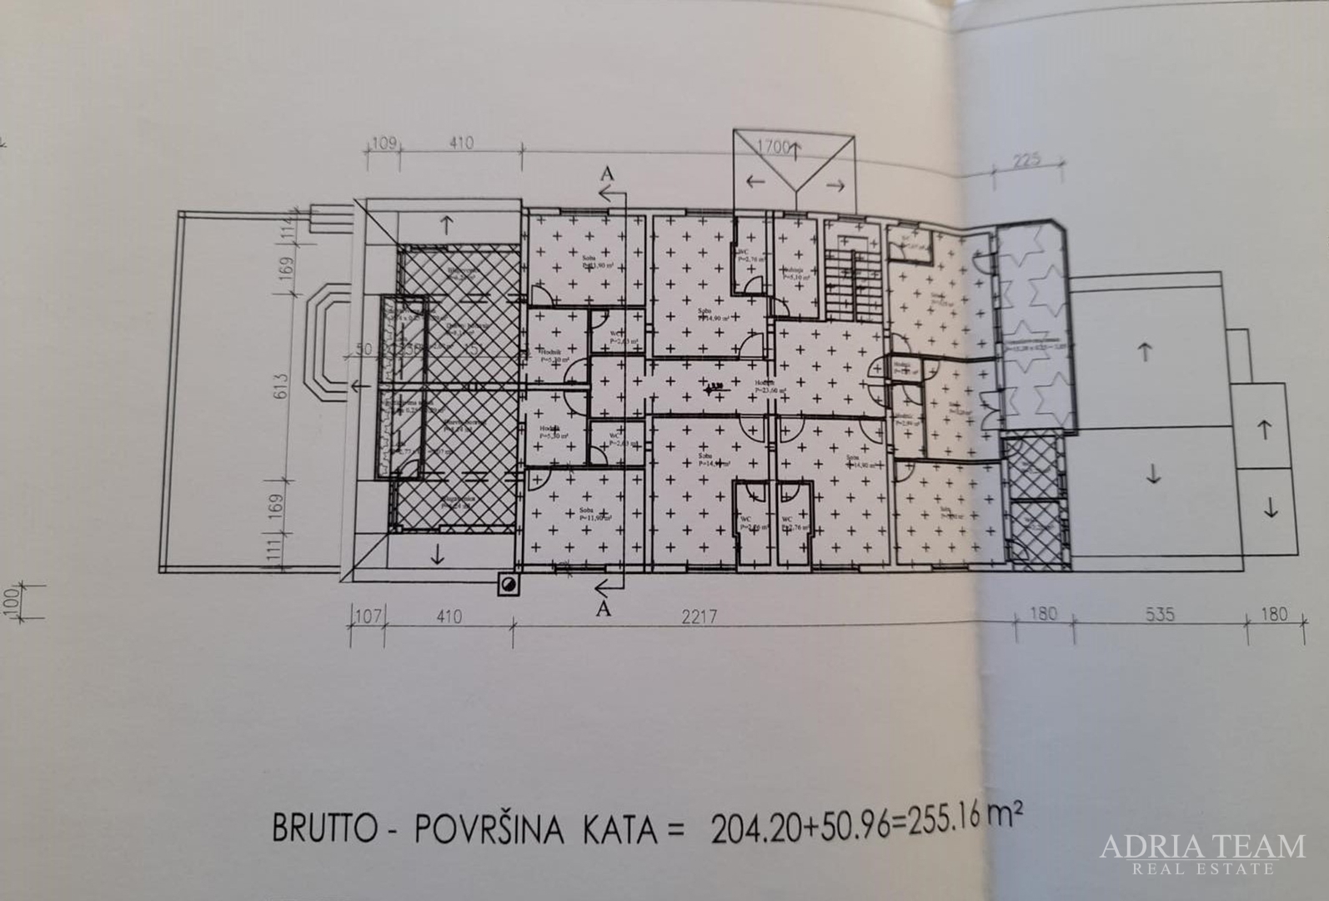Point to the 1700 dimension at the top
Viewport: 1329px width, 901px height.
point(773,148)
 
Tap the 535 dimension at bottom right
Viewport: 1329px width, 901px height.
point(1159,614)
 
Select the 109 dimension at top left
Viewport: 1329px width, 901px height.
point(383,143)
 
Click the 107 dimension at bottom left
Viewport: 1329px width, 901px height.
point(368,618)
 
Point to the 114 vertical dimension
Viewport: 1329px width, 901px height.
point(288,221)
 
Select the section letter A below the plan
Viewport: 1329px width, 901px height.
point(605,609)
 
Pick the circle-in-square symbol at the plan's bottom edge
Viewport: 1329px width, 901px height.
point(506,584)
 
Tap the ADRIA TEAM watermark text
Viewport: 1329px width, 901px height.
point(1201,846)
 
